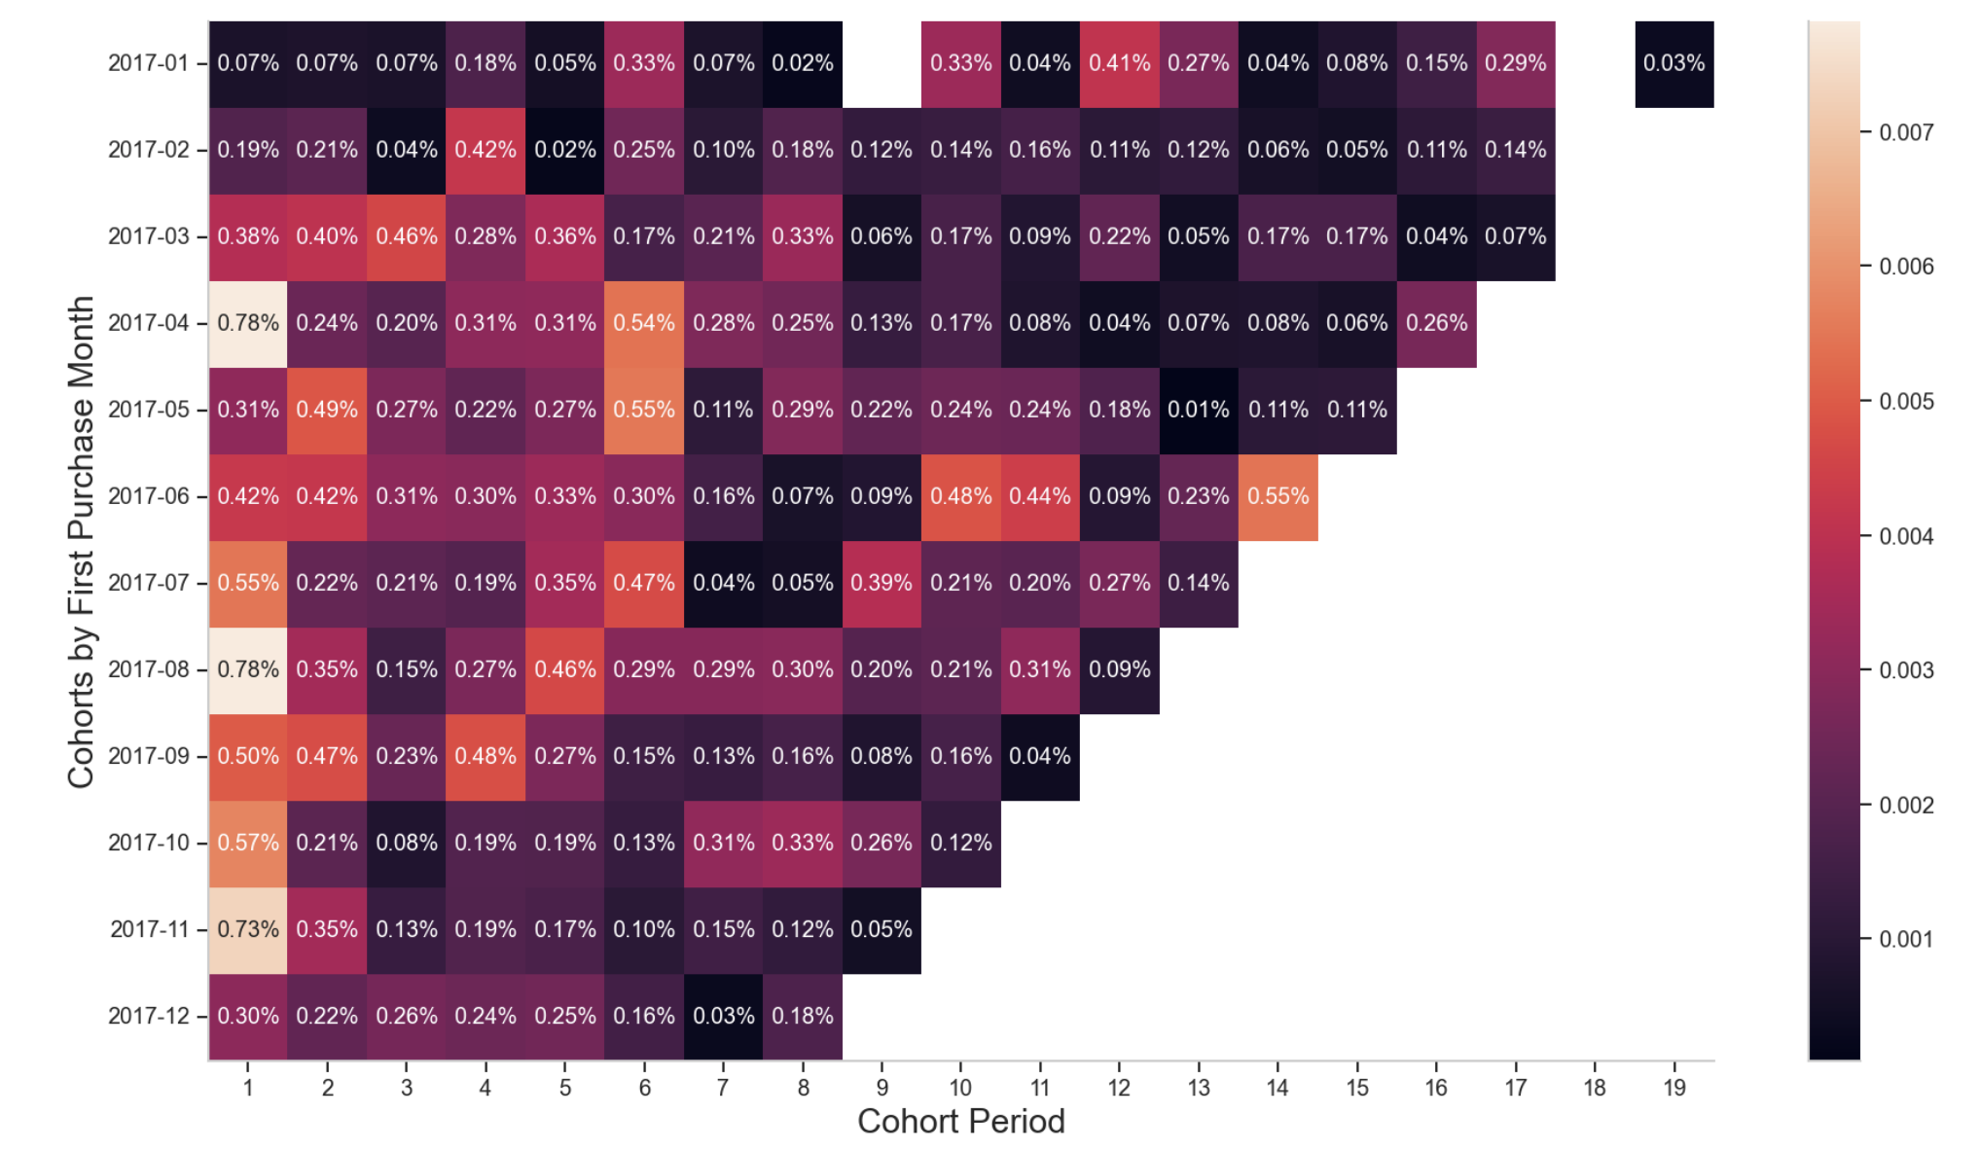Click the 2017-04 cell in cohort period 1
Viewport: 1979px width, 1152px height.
coord(248,323)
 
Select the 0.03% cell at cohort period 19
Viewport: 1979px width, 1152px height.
coord(1673,63)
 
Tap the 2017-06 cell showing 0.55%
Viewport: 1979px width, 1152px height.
coord(1277,496)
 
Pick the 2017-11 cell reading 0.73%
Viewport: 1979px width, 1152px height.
coord(248,929)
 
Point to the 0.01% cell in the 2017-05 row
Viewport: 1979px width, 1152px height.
coord(1199,410)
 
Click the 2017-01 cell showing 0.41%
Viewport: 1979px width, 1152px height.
coord(1119,63)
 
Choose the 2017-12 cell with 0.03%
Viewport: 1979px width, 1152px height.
coord(723,1016)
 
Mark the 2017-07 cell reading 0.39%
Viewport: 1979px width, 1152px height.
coord(882,583)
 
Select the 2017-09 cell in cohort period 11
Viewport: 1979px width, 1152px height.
coord(1040,756)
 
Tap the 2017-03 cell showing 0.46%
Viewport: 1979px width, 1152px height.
coord(407,236)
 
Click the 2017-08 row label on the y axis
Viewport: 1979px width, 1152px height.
coord(149,669)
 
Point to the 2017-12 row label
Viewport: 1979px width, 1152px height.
coord(149,1016)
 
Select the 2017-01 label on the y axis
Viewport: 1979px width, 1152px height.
coord(149,63)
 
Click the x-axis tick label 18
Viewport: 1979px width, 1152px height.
coord(1595,1088)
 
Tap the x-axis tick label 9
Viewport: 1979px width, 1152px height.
coord(882,1088)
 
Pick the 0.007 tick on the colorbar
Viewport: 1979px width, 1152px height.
coord(1906,132)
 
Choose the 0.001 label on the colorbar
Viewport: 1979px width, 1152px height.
coord(1906,939)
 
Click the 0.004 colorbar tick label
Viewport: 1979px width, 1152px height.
coord(1906,536)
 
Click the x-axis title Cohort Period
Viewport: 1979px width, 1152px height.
coord(960,1122)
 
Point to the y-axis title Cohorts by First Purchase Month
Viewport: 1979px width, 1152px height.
coord(81,541)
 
